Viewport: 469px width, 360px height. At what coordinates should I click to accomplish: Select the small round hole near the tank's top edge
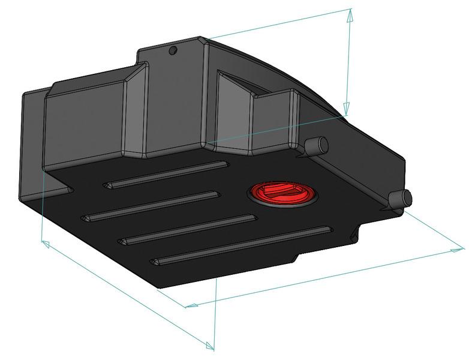click(173, 50)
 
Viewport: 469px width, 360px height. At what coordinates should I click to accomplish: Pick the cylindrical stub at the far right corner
click(400, 199)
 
